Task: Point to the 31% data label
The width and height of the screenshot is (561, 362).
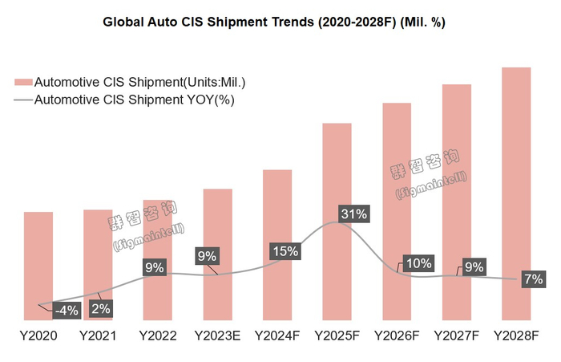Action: point(353,214)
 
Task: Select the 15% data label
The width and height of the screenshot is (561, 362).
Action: point(285,250)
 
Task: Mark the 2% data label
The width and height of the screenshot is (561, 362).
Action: point(100,307)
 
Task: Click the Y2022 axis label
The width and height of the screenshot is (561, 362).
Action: point(157,335)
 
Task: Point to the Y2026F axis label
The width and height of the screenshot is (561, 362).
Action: point(396,335)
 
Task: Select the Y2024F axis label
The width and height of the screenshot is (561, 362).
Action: point(276,335)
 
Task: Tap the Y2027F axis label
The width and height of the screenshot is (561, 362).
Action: point(456,335)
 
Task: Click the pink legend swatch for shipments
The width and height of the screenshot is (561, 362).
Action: point(24,82)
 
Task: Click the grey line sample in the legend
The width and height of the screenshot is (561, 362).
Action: point(23,100)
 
